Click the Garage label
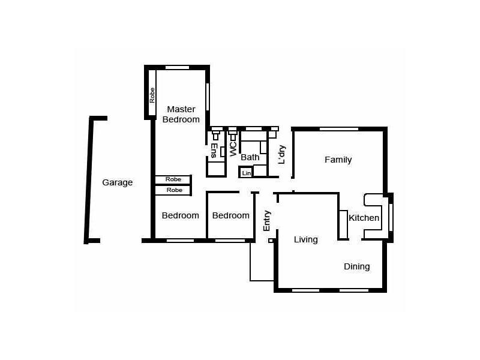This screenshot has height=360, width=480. click(x=117, y=182)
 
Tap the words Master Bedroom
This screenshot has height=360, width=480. click(x=181, y=114)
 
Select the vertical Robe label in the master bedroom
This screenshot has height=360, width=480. click(x=152, y=95)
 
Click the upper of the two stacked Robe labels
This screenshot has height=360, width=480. click(x=173, y=179)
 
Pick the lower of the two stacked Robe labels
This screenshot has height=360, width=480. click(x=173, y=190)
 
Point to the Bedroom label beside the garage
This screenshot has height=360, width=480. click(x=180, y=215)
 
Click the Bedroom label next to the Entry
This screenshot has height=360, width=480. click(x=230, y=215)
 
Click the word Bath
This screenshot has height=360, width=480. click(x=250, y=158)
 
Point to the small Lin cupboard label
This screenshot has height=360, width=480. click(x=246, y=173)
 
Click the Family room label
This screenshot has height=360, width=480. click(x=338, y=160)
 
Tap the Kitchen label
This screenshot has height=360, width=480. click(x=364, y=218)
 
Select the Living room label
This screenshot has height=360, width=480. click(x=305, y=239)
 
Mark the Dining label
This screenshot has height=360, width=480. click(x=356, y=266)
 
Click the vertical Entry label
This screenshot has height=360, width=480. click(x=267, y=220)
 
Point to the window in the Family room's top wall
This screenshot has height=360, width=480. click(x=339, y=128)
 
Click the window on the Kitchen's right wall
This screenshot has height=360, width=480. click(x=391, y=217)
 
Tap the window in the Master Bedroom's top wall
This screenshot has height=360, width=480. click(x=177, y=67)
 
